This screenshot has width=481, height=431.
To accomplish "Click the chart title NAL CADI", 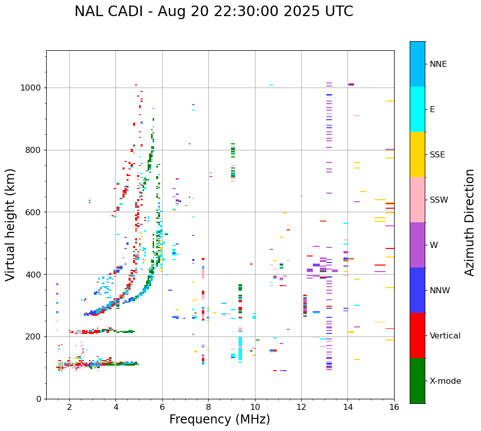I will [213, 12].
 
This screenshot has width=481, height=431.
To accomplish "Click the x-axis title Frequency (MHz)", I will [219, 419].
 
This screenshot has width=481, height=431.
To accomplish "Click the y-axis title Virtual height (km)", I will [11, 224].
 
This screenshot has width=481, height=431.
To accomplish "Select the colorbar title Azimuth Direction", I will [469, 222].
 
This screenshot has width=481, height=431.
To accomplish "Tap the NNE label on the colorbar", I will [438, 64].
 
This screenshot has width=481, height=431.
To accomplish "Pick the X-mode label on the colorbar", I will [445, 381].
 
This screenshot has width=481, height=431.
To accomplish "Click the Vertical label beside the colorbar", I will [445, 336].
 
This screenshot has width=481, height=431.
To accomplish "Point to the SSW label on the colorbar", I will [439, 200].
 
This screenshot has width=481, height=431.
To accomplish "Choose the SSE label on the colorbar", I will [437, 155].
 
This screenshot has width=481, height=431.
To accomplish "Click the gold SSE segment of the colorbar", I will [417, 154].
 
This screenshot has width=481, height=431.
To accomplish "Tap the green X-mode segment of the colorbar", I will [417, 381].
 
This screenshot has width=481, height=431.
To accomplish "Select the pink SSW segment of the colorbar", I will [417, 200].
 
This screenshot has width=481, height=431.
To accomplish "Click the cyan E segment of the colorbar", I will [417, 109].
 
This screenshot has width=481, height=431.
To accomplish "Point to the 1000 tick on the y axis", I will [31, 88].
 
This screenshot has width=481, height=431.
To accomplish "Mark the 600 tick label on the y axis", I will [34, 212].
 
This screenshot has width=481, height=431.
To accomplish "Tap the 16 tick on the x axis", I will [394, 407].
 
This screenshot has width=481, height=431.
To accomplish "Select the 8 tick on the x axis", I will [208, 407].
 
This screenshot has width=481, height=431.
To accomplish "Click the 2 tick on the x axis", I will [69, 407].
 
